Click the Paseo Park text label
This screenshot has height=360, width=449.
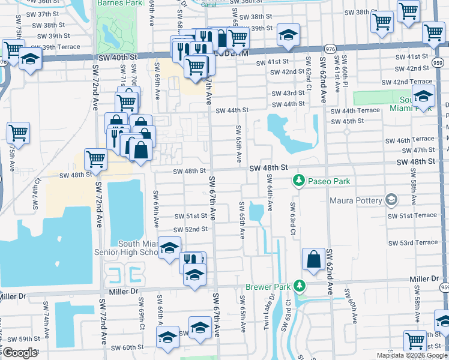pos(328,181)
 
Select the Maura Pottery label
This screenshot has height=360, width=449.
pos(358,199)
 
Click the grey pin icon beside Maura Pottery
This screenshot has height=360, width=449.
pos(392,199)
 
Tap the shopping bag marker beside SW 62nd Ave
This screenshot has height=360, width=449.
pos(314,259)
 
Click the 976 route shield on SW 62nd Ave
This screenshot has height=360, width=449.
pos(330,47)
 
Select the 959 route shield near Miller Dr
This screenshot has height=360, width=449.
pos(444,288)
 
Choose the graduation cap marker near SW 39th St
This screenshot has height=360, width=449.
pos(288,35)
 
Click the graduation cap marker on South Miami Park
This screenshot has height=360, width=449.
pos(423,96)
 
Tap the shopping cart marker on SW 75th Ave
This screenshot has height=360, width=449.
pos(18,133)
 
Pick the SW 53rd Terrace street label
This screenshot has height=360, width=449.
pos(413,242)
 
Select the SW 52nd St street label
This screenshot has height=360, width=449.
pos(190,229)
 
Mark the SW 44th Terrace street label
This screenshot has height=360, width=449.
pos(354,110)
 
